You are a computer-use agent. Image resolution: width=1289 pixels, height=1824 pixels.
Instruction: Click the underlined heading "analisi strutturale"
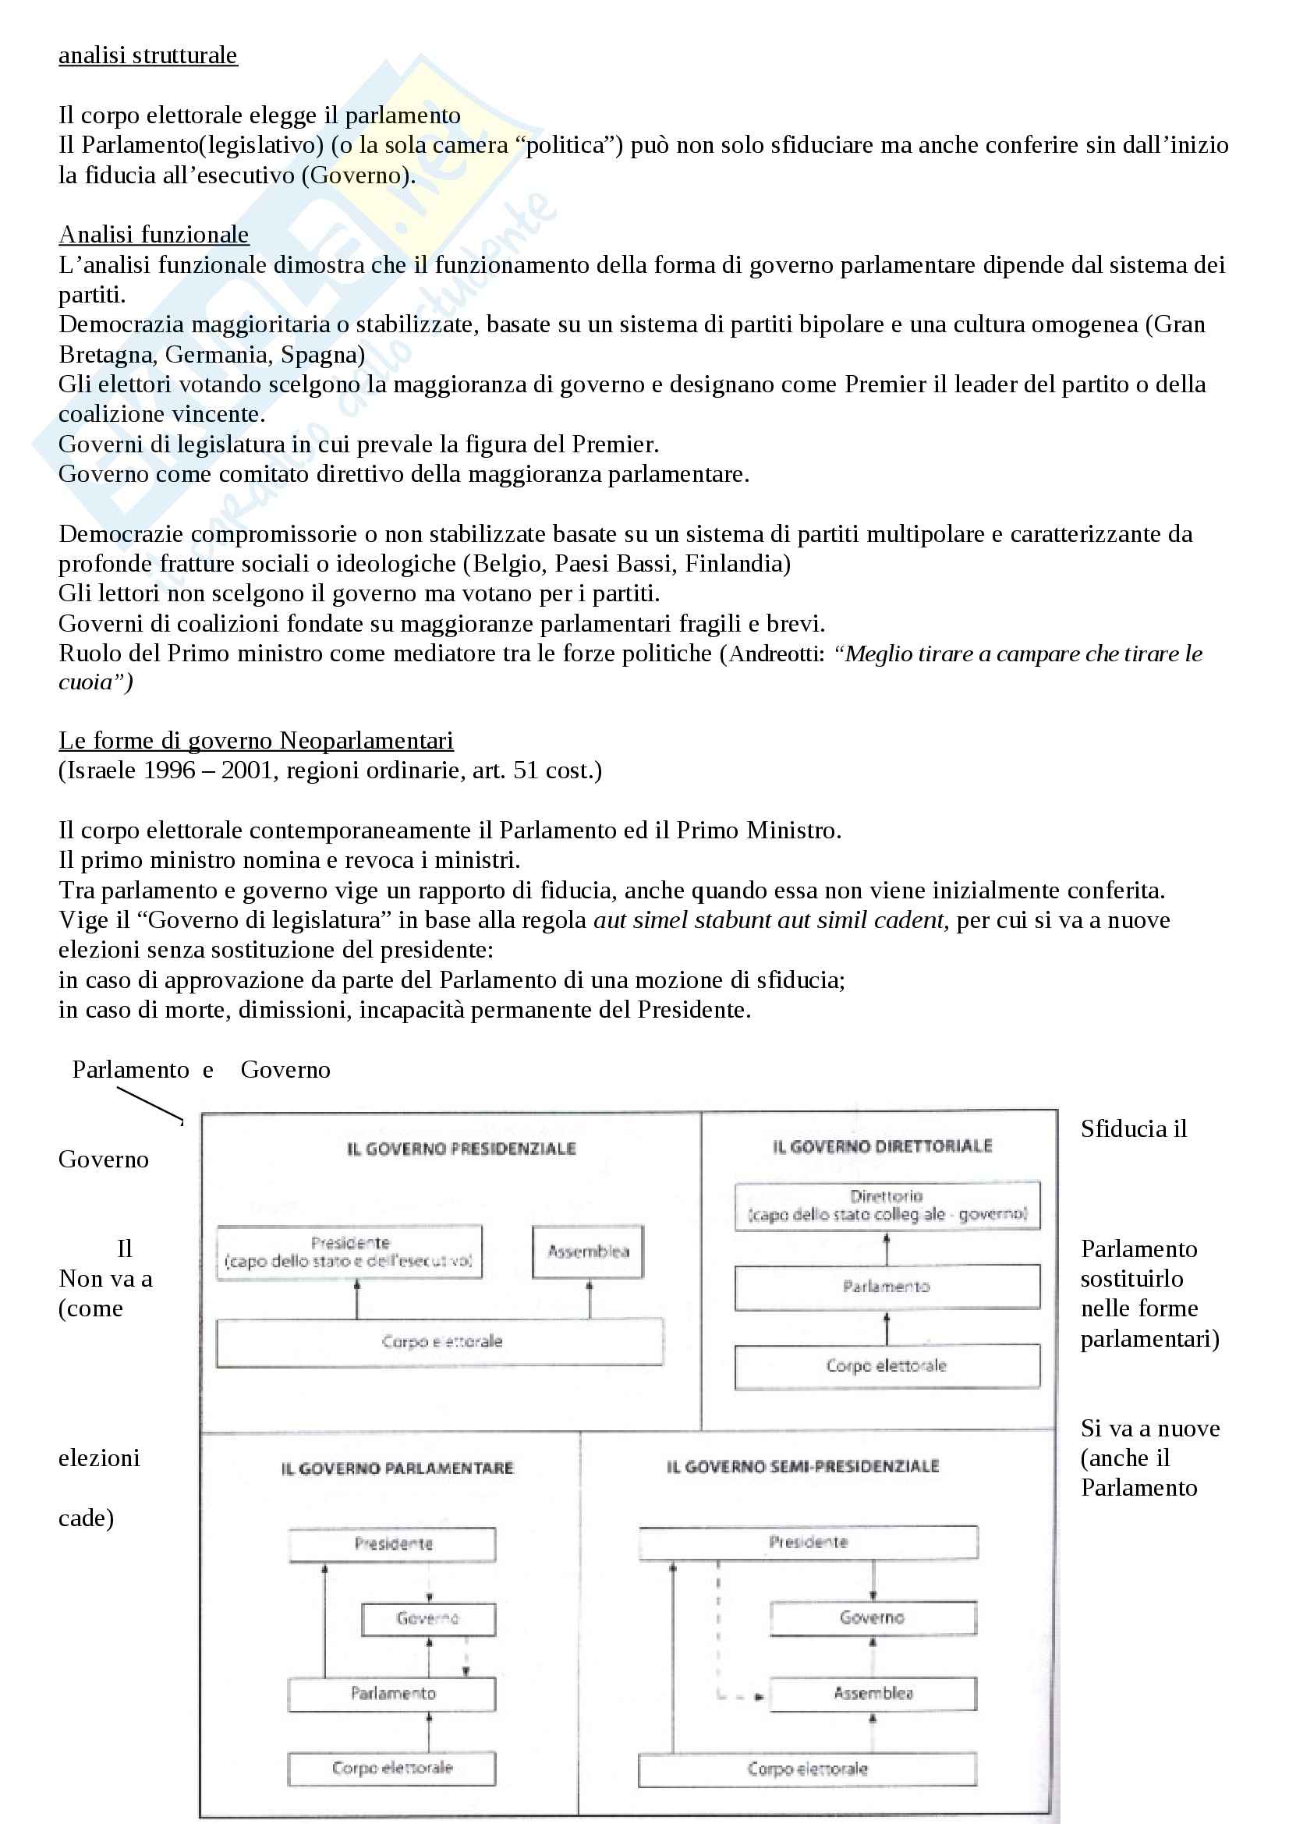click(147, 55)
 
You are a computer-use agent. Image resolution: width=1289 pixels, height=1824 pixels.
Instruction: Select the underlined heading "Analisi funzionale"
click(154, 235)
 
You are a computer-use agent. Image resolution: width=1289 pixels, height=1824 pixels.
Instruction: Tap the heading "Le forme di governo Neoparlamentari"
click(256, 740)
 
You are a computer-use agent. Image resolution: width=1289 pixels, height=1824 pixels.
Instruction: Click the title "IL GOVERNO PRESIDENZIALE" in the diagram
click(462, 1149)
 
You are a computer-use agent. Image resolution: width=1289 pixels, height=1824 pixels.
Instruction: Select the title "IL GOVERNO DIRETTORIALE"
click(883, 1146)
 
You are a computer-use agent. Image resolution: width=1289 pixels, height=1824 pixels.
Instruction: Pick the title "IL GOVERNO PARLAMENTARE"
click(397, 1468)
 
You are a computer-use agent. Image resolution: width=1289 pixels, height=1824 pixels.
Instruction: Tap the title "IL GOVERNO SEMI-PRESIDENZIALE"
click(803, 1467)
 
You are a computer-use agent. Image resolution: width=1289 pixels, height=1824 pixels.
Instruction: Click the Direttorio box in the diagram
click(887, 1205)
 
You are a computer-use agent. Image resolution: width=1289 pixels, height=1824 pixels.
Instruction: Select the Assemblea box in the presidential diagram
click(588, 1252)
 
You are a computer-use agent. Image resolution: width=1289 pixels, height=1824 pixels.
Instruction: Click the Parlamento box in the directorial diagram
click(887, 1287)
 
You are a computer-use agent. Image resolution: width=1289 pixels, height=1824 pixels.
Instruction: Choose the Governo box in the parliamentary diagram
click(428, 1618)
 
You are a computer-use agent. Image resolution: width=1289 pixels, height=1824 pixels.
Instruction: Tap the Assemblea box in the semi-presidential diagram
click(873, 1693)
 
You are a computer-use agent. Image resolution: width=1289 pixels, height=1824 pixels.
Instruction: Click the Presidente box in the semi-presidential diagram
click(808, 1542)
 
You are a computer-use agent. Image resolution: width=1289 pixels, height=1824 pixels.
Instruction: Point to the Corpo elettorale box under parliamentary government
click(391, 1768)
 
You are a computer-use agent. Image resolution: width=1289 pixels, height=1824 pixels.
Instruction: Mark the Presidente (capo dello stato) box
click(349, 1252)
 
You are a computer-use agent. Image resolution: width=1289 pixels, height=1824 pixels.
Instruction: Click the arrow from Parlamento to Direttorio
click(887, 1248)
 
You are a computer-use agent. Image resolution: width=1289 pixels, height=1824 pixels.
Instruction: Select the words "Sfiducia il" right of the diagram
click(1133, 1129)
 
